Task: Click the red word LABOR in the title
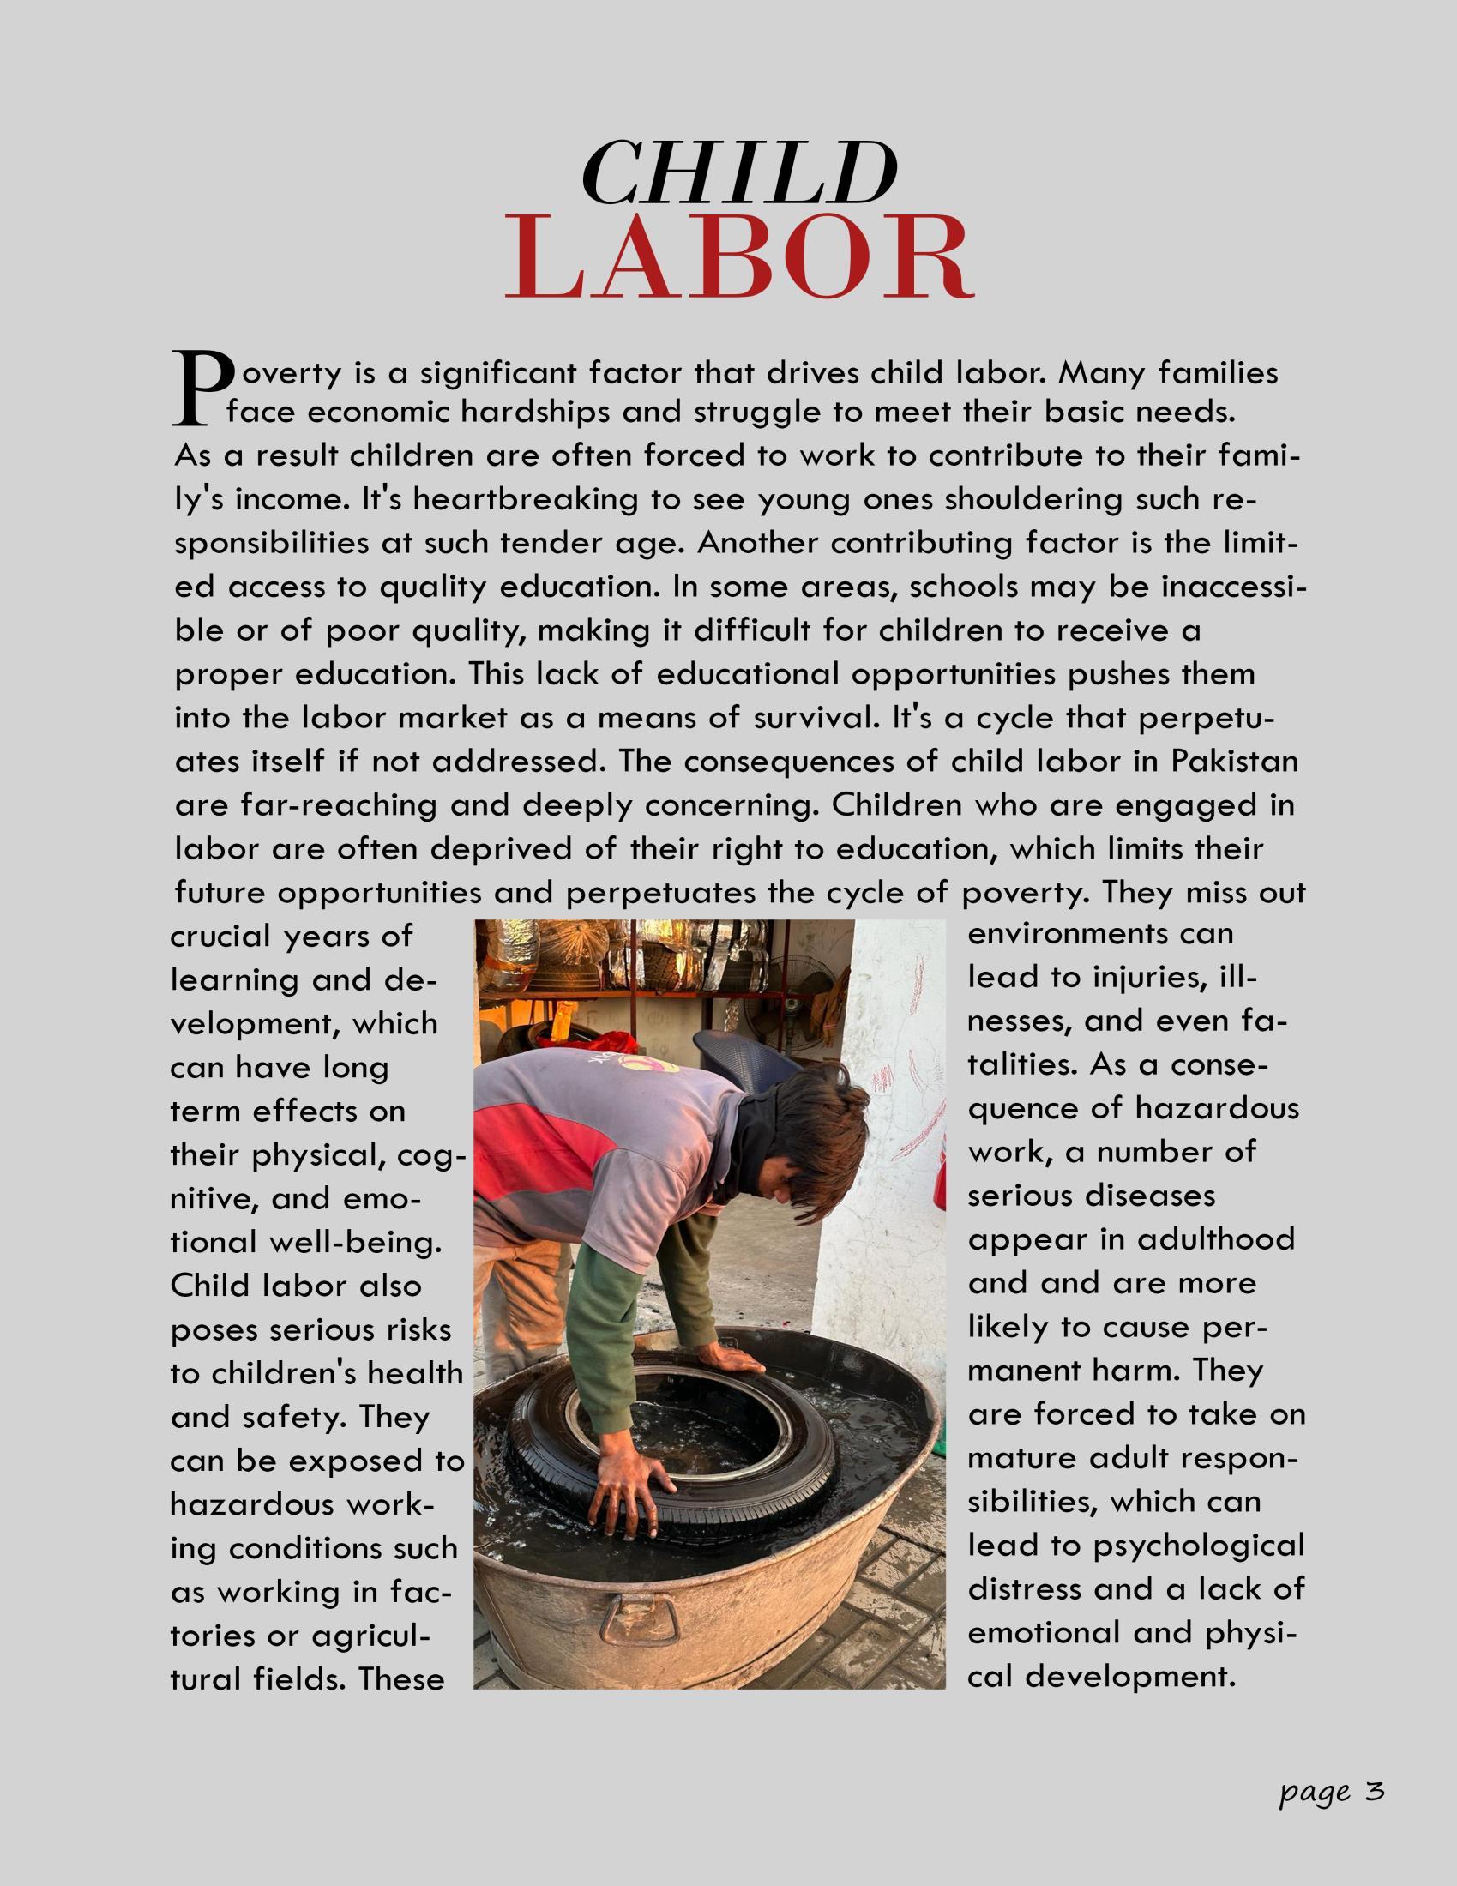coord(739,256)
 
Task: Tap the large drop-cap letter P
coord(202,389)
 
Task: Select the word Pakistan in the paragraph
coord(1235,761)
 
